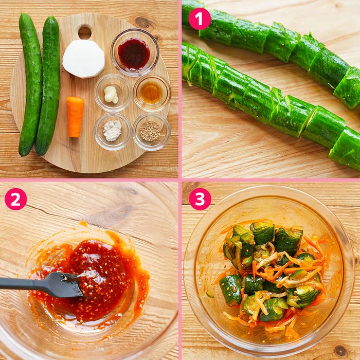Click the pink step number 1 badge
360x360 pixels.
pos(200,19)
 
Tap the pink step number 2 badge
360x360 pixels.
pos(15,199)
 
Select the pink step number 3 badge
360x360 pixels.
pos(200,199)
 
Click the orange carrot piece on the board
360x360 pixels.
pos(75,117)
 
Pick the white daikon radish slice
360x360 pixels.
pos(83,59)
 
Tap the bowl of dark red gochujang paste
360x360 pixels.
pos(135,52)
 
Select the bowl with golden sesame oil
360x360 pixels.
pos(152,93)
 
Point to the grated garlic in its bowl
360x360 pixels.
pos(111,94)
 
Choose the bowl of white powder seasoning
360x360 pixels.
pos(113,131)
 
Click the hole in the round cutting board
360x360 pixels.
pos(85,32)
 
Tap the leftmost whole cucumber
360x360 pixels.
pos(30,84)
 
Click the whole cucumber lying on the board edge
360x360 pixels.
pos(48,85)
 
